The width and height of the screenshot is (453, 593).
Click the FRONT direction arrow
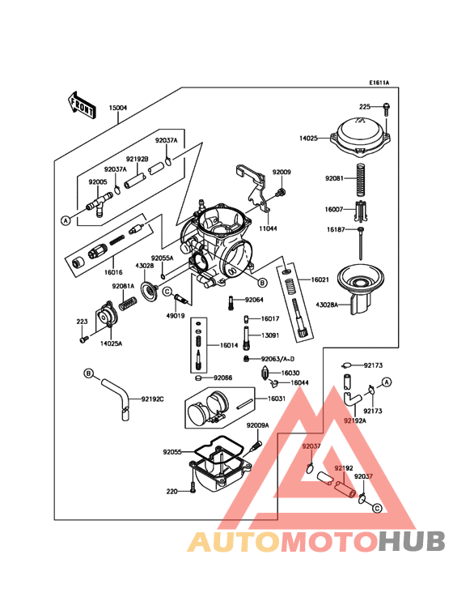[81, 103]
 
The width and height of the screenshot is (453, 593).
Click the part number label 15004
[117, 107]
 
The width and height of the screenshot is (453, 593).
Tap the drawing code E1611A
[379, 83]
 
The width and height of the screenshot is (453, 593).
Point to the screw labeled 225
[387, 108]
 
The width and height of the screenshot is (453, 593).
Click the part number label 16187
[336, 230]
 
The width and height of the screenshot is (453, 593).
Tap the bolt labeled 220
[192, 490]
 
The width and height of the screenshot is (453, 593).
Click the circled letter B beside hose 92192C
[89, 373]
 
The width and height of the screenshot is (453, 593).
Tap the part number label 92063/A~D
[278, 358]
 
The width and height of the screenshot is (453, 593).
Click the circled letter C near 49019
[166, 291]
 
